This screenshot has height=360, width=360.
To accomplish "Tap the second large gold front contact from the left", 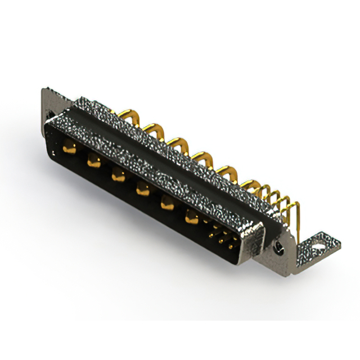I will [x=93, y=162].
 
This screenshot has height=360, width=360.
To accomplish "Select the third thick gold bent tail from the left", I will [x=178, y=141].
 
